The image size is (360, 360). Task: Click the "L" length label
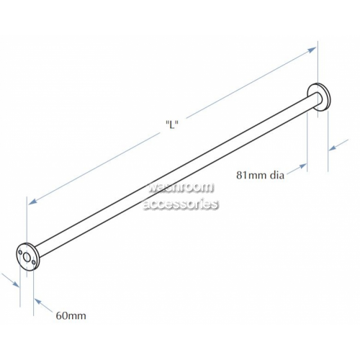(x=172, y=125)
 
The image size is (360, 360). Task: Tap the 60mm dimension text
(x=71, y=315)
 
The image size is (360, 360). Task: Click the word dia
(x=277, y=175)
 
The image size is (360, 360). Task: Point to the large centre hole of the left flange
(x=27, y=258)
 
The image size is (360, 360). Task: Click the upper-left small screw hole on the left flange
(x=20, y=252)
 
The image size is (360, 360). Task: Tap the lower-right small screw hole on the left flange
(x=33, y=262)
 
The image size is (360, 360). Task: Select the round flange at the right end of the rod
(x=319, y=97)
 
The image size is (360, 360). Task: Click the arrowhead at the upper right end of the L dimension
(x=312, y=50)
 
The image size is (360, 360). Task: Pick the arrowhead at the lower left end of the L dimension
(x=32, y=202)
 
